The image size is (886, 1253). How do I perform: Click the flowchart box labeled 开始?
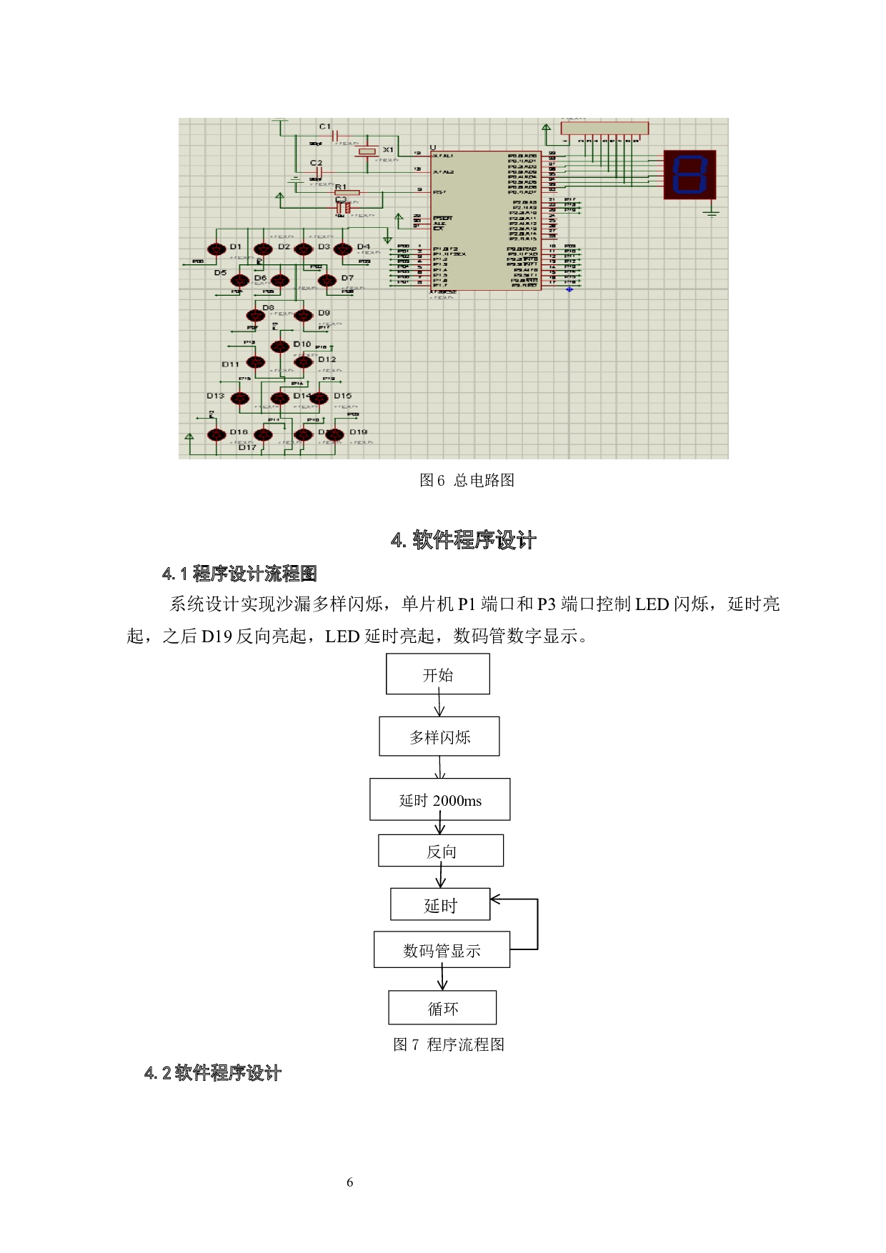pyautogui.click(x=438, y=674)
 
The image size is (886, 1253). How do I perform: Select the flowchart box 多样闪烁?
pyautogui.click(x=439, y=736)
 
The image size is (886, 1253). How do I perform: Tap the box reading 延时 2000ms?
pyautogui.click(x=439, y=799)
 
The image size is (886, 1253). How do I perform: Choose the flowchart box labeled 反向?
pyautogui.click(x=440, y=850)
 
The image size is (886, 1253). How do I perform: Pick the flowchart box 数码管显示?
pyautogui.click(x=442, y=949)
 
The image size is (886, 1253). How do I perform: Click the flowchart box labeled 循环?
pyautogui.click(x=442, y=1007)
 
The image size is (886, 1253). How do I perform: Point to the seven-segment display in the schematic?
pyautogui.click(x=690, y=174)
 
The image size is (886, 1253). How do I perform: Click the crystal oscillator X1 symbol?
pyautogui.click(x=367, y=151)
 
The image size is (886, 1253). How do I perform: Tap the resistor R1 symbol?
pyautogui.click(x=347, y=192)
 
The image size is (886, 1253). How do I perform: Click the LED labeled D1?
pyautogui.click(x=216, y=249)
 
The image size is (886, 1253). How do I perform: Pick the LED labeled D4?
pyautogui.click(x=344, y=249)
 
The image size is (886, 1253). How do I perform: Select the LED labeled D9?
pyautogui.click(x=304, y=316)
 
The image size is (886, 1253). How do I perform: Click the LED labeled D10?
pyautogui.click(x=280, y=347)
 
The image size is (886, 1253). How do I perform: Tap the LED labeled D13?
pyautogui.click(x=240, y=399)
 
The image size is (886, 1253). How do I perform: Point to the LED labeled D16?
pyautogui.click(x=216, y=435)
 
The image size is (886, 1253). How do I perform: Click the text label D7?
pyautogui.click(x=347, y=278)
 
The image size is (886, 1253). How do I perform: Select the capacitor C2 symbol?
pyautogui.click(x=319, y=172)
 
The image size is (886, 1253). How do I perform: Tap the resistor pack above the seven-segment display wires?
pyautogui.click(x=604, y=129)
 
